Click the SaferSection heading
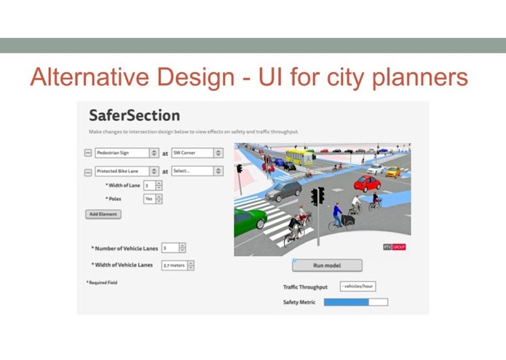[134, 116]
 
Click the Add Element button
[103, 214]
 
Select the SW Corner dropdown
[197, 153]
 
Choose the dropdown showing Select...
[197, 171]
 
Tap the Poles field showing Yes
[152, 198]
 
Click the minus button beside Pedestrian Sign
[89, 153]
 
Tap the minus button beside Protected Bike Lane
[89, 172]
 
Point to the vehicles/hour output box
[357, 286]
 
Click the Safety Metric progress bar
[355, 302]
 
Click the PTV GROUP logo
[394, 247]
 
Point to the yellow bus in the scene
[299, 157]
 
